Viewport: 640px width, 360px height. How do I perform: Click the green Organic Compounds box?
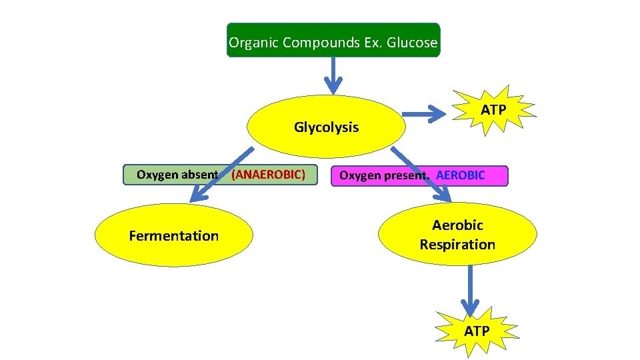coord(333,40)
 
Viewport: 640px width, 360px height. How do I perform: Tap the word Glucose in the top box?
coord(414,43)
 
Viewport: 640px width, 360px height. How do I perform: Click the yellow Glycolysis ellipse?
coord(326,126)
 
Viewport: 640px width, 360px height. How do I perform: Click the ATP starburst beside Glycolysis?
coord(494,109)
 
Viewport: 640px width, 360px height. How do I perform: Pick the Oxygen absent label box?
coord(177,175)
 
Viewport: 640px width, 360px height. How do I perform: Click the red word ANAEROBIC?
coord(268,175)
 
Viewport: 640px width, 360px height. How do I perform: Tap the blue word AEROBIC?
coord(461,175)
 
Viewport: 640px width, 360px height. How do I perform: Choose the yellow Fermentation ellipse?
coord(173,235)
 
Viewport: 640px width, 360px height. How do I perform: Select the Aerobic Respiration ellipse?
coord(457,235)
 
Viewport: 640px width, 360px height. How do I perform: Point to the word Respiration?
coord(457,244)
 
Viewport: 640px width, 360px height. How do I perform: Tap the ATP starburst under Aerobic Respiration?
coord(476,331)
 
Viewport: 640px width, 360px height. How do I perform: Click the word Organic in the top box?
coord(253,43)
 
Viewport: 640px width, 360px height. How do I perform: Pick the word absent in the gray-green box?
coord(198,175)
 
